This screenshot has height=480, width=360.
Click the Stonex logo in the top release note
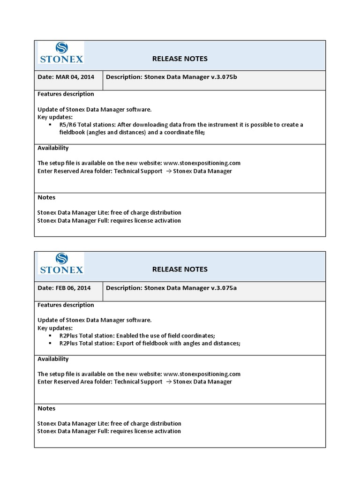(x=61, y=52)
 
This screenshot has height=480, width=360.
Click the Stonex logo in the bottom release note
(x=61, y=263)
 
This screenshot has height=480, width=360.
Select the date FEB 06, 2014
(x=74, y=288)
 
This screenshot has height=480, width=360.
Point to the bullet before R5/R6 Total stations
(x=50, y=125)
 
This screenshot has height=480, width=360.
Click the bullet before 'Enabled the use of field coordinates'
(x=50, y=336)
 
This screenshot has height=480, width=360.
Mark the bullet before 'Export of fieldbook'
(x=50, y=343)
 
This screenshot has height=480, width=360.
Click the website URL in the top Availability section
(x=202, y=163)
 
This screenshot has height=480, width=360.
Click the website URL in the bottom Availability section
(x=202, y=374)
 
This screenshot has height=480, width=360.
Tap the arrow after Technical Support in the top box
(x=167, y=171)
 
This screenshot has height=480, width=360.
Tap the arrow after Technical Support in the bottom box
(x=167, y=382)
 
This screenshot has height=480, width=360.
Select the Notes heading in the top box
(x=46, y=197)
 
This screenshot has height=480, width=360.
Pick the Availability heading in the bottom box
(x=53, y=359)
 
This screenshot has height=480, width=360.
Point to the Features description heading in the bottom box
(x=66, y=305)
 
